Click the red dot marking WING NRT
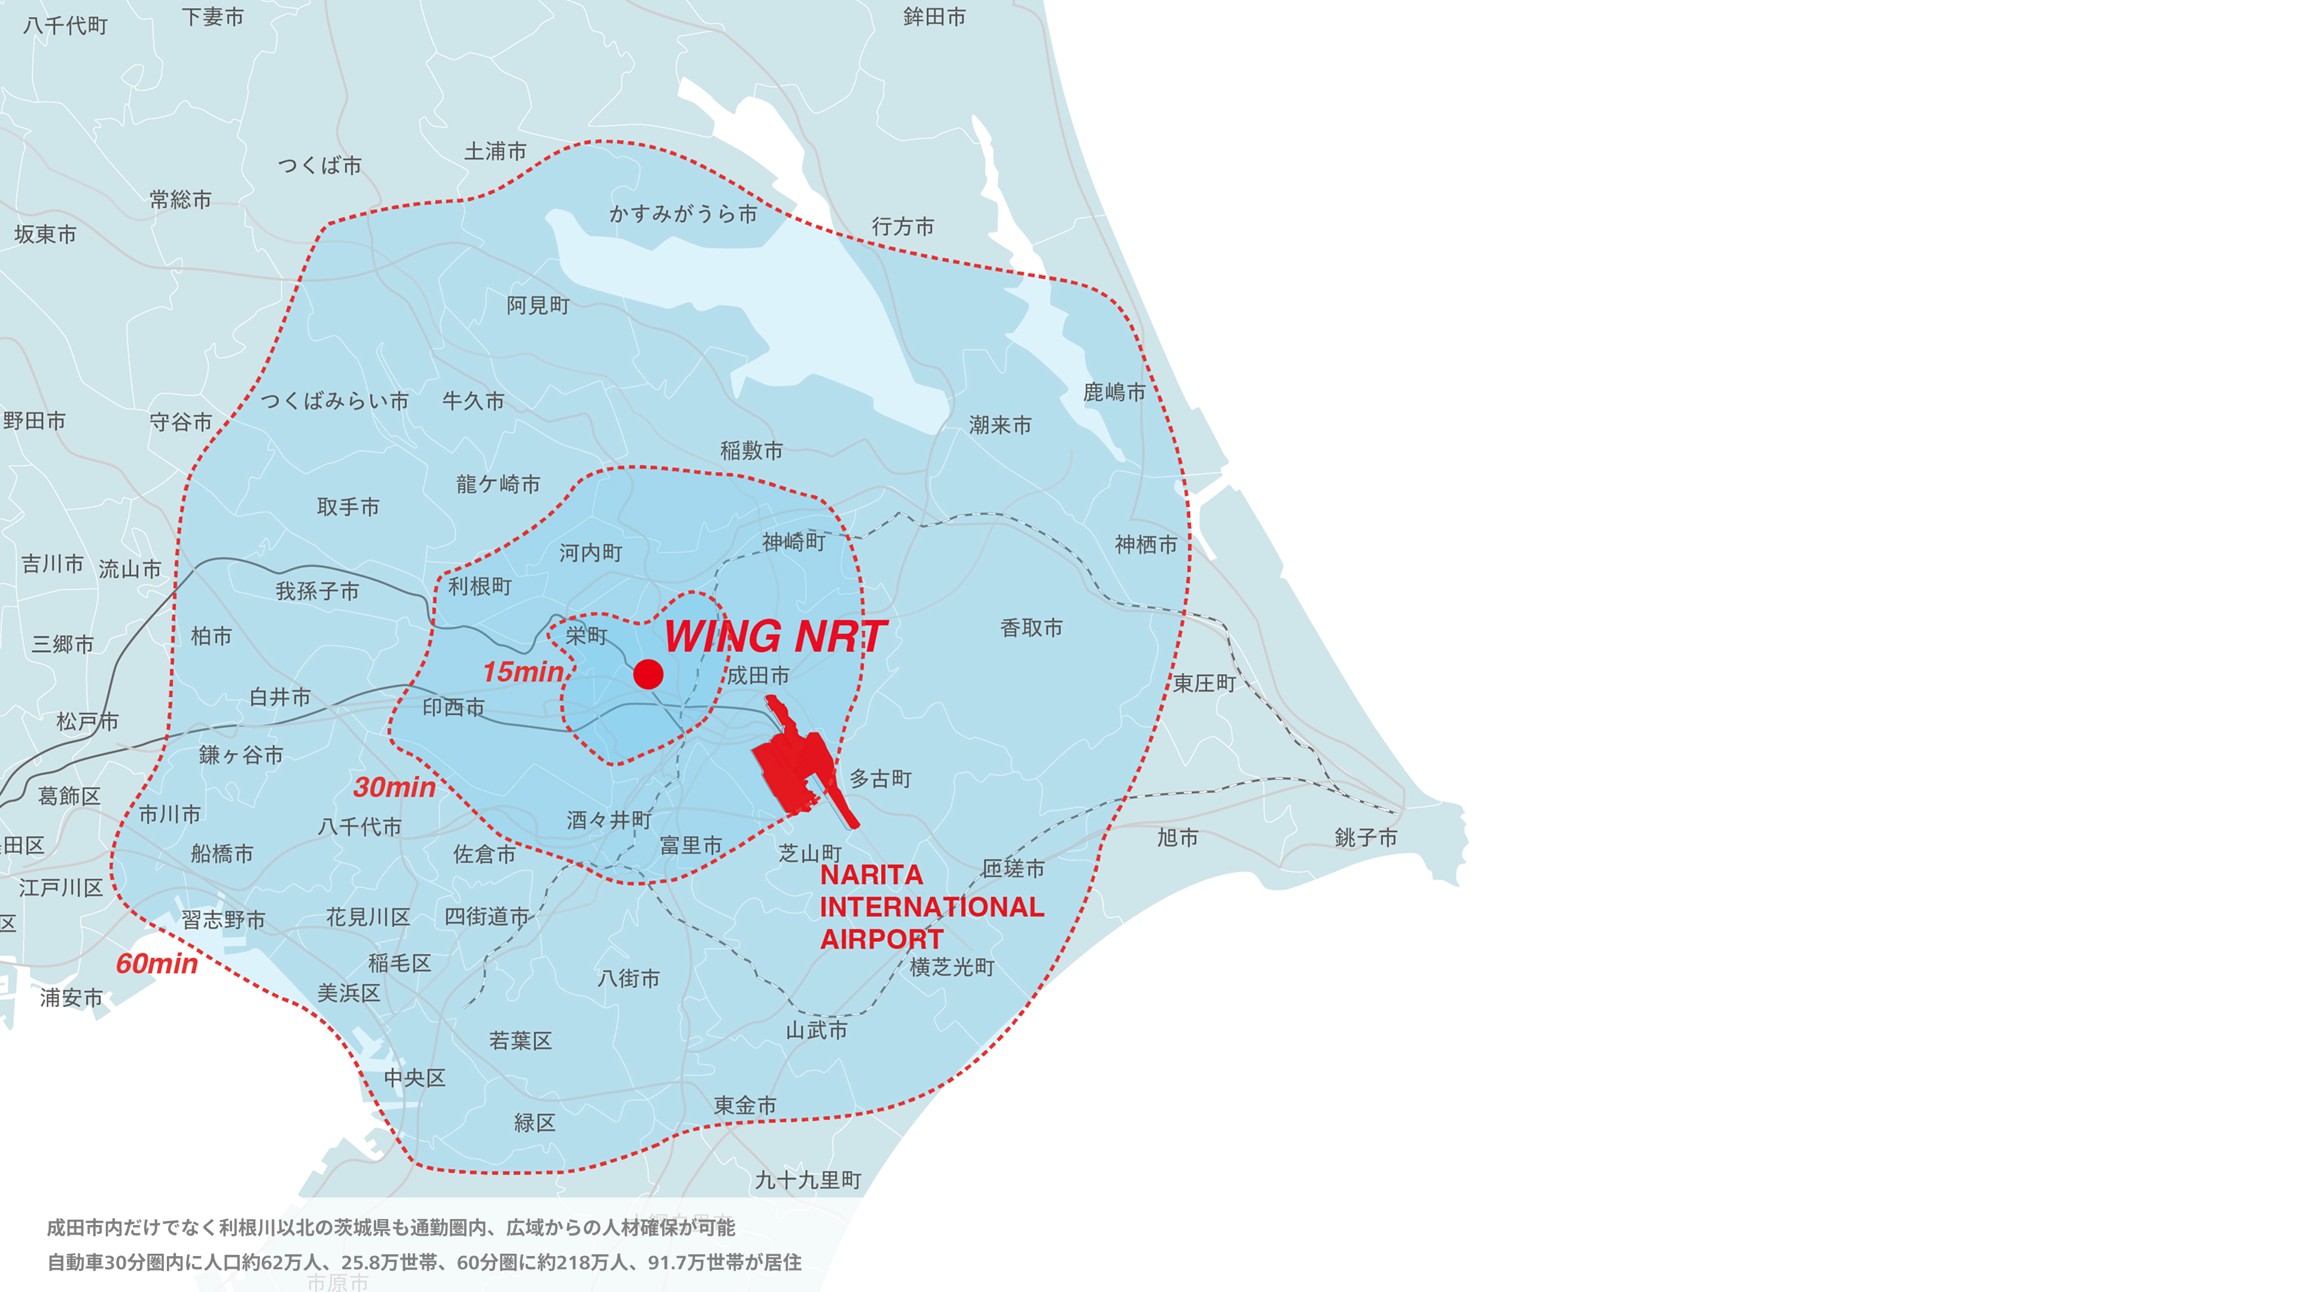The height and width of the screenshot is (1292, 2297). click(x=648, y=674)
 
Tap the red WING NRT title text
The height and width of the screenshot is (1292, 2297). click(x=775, y=636)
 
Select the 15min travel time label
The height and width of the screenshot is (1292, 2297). click(x=523, y=671)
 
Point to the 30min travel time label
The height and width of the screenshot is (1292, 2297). click(x=394, y=787)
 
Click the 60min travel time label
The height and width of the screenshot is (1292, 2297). click(x=157, y=964)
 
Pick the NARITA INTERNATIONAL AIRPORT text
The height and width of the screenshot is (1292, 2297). click(x=930, y=907)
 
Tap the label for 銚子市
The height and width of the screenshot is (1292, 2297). click(x=1365, y=837)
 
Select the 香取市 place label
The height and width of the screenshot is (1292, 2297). click(x=1032, y=627)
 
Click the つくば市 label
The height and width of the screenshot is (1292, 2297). click(x=320, y=165)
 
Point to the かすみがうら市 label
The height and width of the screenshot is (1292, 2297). click(x=683, y=214)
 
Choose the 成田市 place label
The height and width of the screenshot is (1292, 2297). click(x=758, y=676)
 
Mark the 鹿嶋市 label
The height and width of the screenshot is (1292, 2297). click(x=1114, y=392)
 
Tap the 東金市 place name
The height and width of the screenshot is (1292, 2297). click(x=745, y=1105)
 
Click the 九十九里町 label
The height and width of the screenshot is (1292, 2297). click(x=808, y=1181)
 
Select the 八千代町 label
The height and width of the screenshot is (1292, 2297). click(x=66, y=25)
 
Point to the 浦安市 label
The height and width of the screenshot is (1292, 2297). click(x=71, y=998)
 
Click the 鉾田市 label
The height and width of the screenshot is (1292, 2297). click(x=934, y=17)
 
